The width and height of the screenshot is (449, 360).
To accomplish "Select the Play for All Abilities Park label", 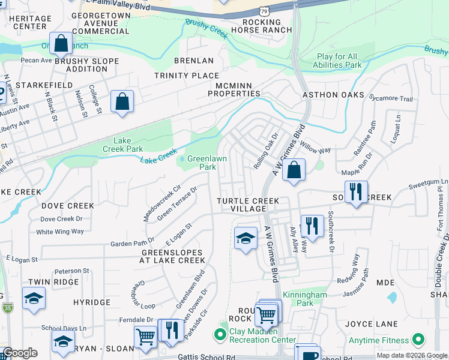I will [339, 61].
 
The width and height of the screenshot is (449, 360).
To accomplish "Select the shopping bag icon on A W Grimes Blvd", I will [294, 170].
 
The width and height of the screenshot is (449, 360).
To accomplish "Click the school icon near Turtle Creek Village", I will [246, 239].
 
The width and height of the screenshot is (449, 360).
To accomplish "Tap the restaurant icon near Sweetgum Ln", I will [357, 192].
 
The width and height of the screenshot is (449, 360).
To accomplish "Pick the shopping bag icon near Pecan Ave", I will [61, 43].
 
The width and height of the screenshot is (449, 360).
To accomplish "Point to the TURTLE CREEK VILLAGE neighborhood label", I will [248, 204].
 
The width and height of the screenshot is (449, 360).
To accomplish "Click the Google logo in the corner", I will [20, 353].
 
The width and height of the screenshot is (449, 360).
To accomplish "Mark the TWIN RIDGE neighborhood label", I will [53, 282].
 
